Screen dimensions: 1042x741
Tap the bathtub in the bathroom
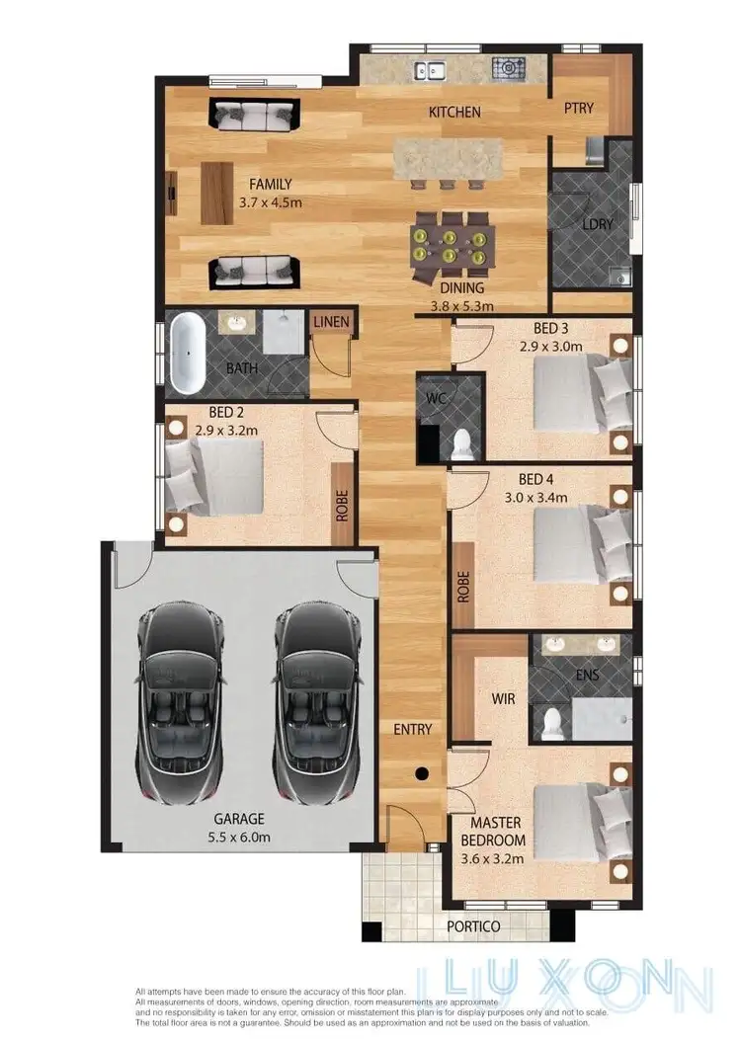coord(187,353)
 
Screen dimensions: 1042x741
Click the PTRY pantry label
coord(579,108)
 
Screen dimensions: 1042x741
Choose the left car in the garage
coord(179,703)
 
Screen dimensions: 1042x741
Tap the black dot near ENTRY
coord(422,774)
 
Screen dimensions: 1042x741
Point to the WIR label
coord(504,697)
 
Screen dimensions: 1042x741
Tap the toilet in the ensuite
coord(551,722)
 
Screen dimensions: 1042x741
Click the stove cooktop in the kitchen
coord(510,68)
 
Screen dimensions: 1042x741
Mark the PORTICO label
coord(473,926)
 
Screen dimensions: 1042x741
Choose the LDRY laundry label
coord(598,224)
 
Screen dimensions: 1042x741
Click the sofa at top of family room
coord(251,114)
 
